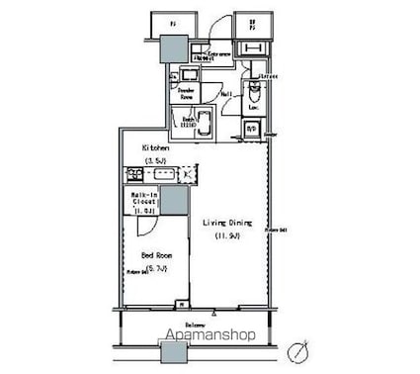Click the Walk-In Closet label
coord(144,200)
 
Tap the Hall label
coord(226,94)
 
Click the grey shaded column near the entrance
coord(175,47)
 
